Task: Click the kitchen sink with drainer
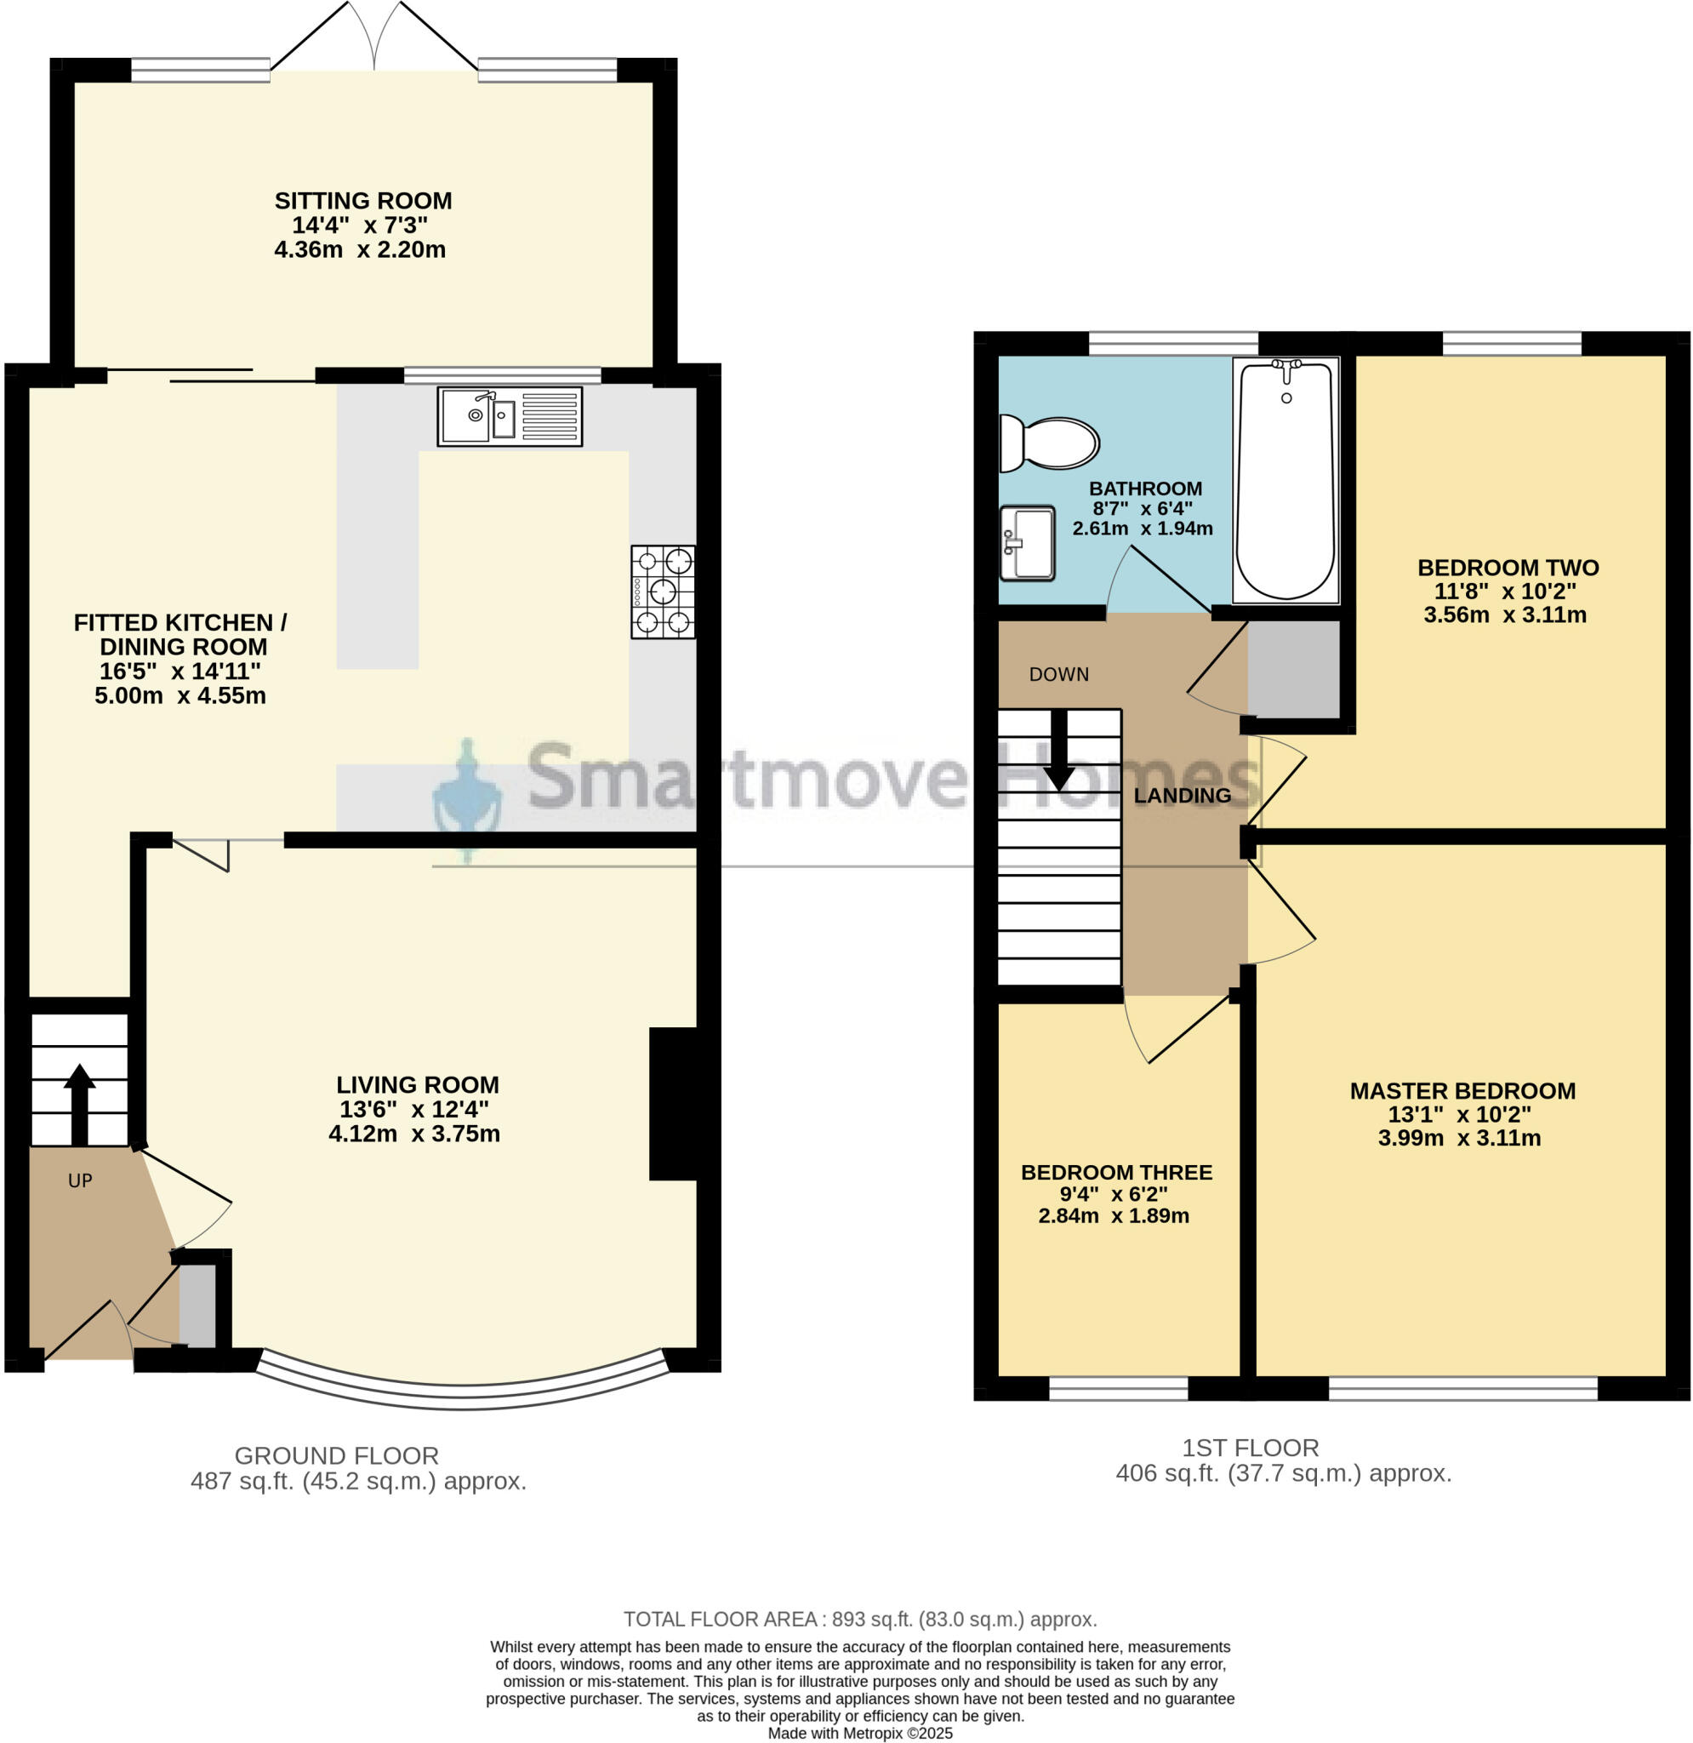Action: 510,416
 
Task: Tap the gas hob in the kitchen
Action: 663,591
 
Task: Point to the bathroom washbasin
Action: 1028,542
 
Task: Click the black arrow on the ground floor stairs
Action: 79,1105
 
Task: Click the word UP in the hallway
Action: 80,1181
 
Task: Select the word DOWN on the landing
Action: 1058,674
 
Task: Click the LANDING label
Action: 1182,796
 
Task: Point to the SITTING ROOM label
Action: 362,201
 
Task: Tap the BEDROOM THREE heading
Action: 1116,1172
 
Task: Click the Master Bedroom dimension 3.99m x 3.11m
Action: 1459,1138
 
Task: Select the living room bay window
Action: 462,1394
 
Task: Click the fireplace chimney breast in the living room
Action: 673,1104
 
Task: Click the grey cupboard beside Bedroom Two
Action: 1294,670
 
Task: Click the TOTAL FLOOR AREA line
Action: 860,1620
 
